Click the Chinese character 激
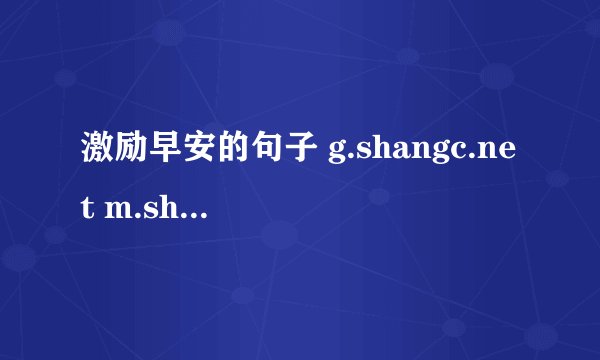click(x=93, y=152)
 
